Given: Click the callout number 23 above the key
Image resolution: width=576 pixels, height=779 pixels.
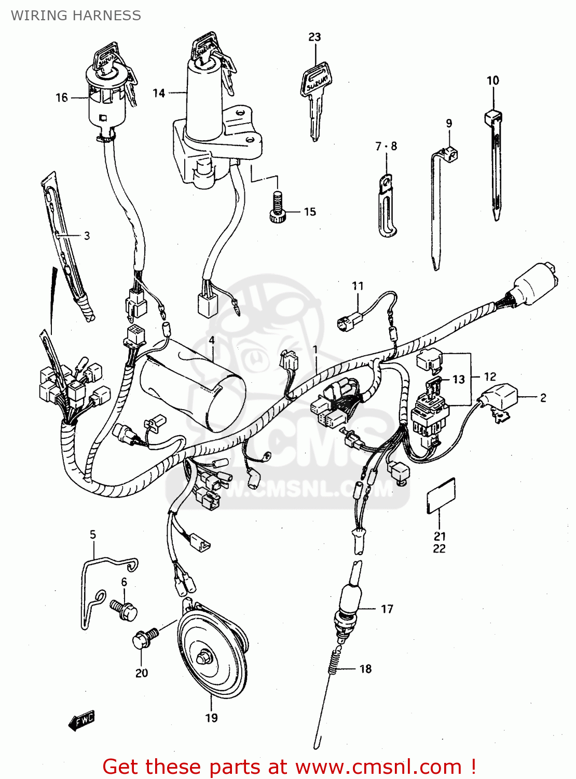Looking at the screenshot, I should [x=314, y=37].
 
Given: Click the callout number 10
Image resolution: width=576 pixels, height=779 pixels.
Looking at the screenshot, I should [x=492, y=80].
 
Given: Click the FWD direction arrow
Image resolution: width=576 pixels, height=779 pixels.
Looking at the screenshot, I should [x=82, y=720].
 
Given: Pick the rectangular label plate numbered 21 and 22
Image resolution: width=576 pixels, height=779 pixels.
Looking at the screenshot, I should [x=441, y=496].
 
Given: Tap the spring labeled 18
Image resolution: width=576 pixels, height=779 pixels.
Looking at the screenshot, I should [x=336, y=662].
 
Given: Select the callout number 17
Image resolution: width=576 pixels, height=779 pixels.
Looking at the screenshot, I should [x=387, y=609].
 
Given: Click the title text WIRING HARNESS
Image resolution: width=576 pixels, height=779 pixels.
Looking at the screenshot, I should [x=76, y=16].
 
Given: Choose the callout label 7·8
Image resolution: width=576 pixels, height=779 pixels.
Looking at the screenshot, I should [x=386, y=146].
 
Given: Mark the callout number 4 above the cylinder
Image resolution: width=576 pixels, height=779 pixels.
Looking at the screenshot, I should [x=212, y=340].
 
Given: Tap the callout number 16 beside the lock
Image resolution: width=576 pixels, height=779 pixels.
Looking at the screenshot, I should [x=62, y=98].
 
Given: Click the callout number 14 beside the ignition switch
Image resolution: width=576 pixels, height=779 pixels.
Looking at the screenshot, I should [x=159, y=93].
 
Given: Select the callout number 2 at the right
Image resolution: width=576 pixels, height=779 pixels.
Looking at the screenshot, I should [x=543, y=398].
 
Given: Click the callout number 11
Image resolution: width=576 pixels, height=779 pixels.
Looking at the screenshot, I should [x=358, y=286].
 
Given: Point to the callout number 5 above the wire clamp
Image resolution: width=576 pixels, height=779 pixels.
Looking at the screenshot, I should [x=93, y=534].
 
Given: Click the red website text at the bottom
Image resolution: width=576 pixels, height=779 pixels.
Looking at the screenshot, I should [x=289, y=767].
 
